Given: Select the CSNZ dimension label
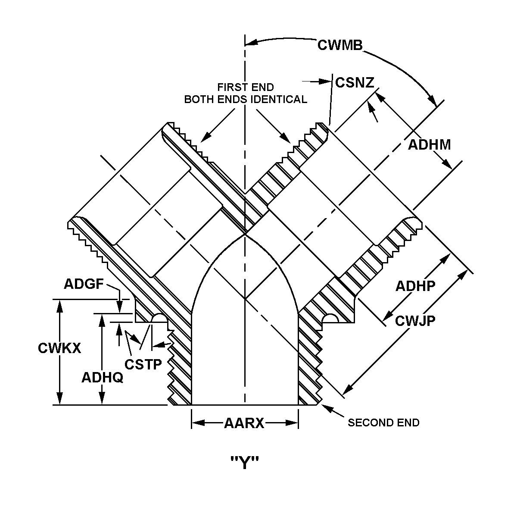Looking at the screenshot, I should (x=355, y=82).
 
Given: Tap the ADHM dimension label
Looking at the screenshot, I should (x=429, y=144).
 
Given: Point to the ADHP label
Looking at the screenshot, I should (x=415, y=286).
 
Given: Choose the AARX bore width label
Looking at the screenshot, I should (x=244, y=423).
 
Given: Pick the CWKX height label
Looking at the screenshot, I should (x=59, y=348).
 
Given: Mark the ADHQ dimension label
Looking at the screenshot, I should (x=102, y=378).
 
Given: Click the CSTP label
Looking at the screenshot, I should (x=143, y=364).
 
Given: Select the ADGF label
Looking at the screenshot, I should (x=84, y=284).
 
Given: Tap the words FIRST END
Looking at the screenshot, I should (x=245, y=87).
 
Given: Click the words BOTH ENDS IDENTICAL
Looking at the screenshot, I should (x=246, y=100).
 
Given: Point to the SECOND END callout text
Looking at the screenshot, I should (x=383, y=422).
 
